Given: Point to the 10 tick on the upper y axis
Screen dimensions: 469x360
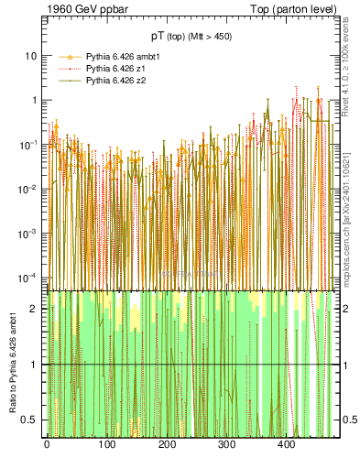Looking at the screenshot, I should tap(30, 55).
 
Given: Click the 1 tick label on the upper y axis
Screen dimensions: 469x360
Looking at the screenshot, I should tap(34, 100).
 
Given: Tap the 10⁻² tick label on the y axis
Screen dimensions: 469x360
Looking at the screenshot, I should tap(29, 189).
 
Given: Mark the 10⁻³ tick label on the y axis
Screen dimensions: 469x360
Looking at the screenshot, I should tap(29, 233).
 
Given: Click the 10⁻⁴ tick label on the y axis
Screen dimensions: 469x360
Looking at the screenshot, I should tap(29, 277).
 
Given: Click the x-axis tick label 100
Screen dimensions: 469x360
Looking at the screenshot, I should tap(106, 444).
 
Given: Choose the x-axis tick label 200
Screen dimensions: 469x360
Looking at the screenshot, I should tap(167, 444).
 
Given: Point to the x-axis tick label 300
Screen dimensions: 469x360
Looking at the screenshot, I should tap(226, 444).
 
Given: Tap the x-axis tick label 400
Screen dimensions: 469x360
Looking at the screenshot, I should tap(286, 444).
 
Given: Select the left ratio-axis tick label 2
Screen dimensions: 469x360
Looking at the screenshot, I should tap(35, 309).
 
